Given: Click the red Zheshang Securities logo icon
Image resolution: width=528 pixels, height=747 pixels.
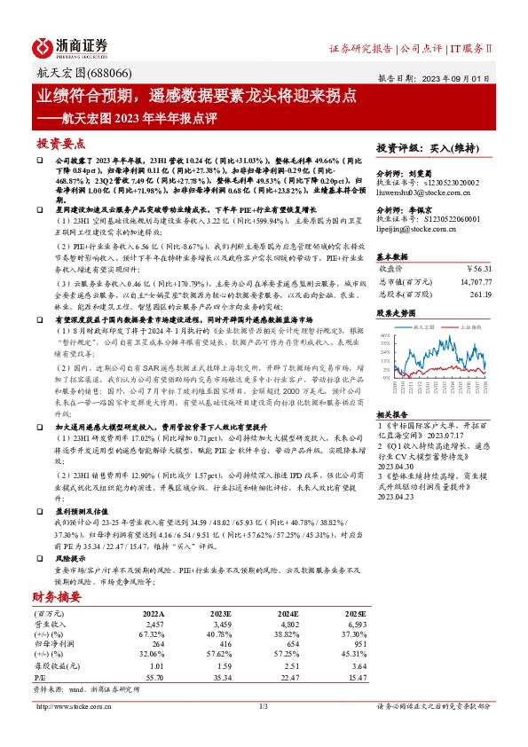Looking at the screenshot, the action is tap(43, 46).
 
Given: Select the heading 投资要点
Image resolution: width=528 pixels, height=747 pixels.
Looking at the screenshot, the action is tap(60, 142).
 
